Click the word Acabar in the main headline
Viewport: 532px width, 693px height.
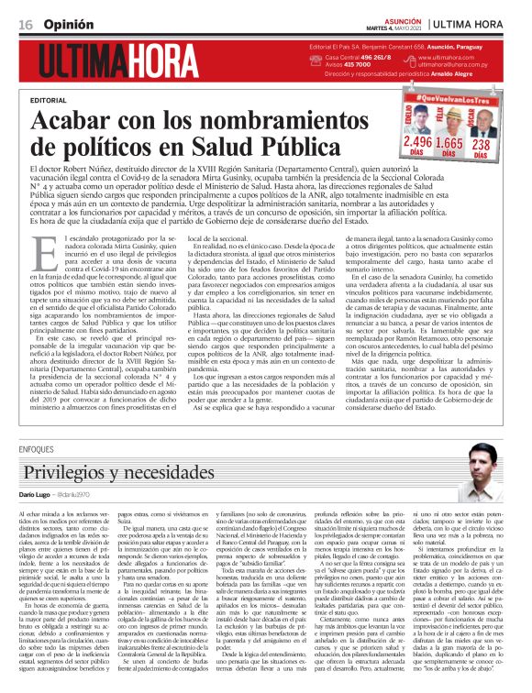point(73,122)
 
